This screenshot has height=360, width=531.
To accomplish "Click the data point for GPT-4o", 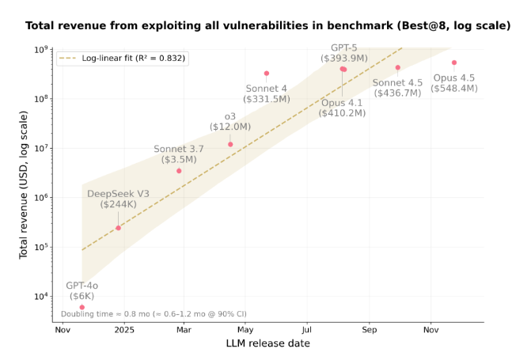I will [82, 307].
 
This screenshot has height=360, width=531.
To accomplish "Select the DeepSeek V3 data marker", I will [119, 228].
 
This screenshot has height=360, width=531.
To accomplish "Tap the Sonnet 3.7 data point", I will [179, 171].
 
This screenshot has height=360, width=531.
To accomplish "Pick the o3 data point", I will [230, 144].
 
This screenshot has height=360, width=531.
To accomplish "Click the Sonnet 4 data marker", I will [267, 74].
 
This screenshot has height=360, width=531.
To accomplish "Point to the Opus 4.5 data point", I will [454, 63].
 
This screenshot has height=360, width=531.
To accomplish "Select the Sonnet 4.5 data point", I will [398, 68].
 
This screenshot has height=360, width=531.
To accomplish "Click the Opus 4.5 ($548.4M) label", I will [454, 83].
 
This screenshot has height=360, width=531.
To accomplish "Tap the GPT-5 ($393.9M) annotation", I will [343, 53].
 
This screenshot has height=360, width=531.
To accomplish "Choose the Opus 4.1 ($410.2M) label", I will [343, 108].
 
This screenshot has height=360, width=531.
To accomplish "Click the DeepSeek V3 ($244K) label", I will [119, 199].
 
